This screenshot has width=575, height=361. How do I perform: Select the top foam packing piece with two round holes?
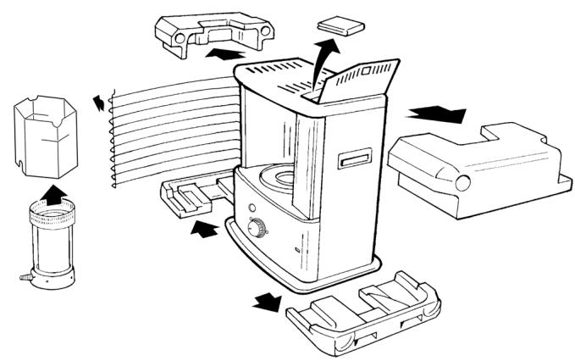pos(213,32)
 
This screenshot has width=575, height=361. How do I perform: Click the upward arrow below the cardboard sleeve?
pos(53,194)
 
